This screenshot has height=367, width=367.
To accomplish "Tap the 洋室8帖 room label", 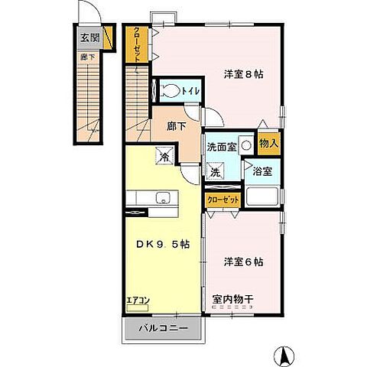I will click(244, 74).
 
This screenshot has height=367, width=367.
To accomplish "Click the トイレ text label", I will click(190, 92).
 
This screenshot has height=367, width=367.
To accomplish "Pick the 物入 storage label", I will click(268, 143).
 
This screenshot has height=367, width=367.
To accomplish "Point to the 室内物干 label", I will click(232, 299).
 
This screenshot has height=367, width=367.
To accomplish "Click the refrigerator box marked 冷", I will click(164, 157).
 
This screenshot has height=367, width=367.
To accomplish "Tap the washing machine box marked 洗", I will click(216, 173).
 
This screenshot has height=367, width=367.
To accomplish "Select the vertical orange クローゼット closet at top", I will click(136, 44).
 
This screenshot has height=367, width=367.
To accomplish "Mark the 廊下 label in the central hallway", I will click(177, 127).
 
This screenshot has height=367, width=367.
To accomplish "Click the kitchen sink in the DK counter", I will click(161, 200).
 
